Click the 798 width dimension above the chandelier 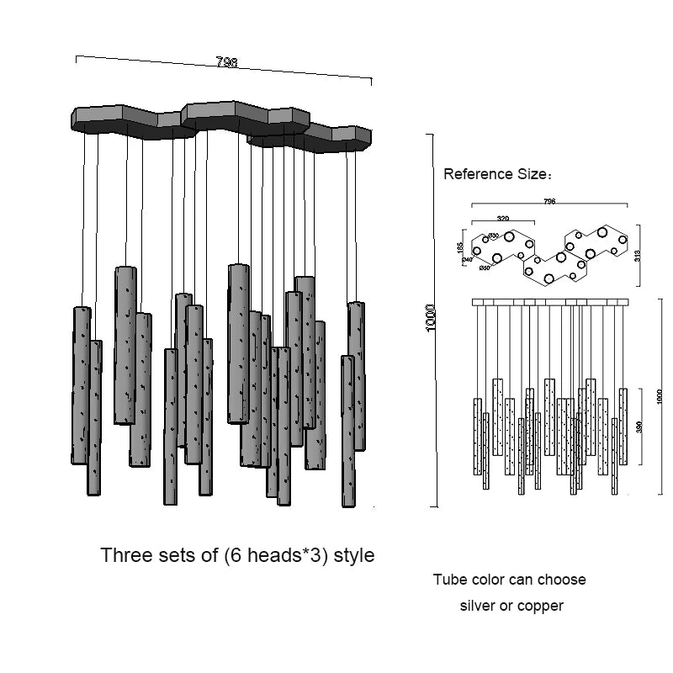pos(226,61)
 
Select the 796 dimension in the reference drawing pos(549,202)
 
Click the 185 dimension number pos(459,247)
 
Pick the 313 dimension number pos(638,255)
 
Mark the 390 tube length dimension pos(639,427)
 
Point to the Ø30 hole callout pos(494,236)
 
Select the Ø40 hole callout pos(467,260)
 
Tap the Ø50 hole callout pos(485,268)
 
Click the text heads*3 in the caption pos(278,556)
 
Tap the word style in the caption pos(353,556)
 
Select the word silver pos(478,606)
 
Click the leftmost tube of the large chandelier pos(81,385)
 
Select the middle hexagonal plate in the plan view pos(554,265)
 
